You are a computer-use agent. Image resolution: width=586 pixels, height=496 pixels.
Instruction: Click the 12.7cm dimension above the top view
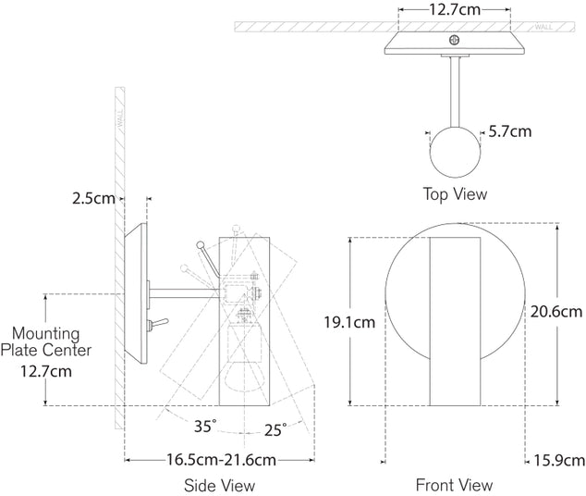coord(454,11)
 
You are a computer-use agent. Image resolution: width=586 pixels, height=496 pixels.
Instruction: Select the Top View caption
coord(454,194)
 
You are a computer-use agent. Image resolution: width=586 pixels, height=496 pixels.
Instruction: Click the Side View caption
coord(219,485)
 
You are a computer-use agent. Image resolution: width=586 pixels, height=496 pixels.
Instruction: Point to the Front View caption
coord(454,485)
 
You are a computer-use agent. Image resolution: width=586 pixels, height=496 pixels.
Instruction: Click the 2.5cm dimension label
coord(94,198)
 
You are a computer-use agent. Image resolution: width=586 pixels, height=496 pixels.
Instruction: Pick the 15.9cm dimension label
coord(558,460)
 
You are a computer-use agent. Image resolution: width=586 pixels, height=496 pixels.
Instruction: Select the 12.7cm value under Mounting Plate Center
coord(45,371)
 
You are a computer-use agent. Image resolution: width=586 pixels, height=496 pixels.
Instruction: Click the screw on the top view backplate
coord(453,40)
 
